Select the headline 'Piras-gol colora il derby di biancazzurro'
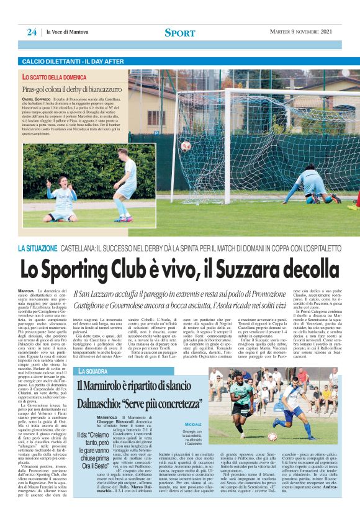(x=73, y=89)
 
